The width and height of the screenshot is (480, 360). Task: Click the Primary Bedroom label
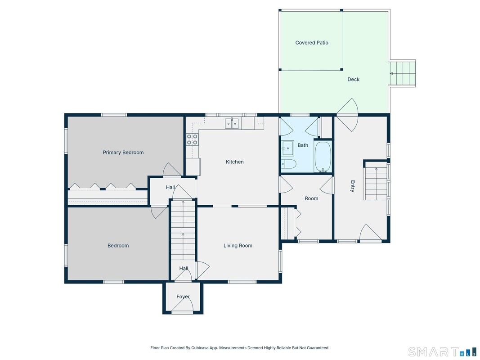123,153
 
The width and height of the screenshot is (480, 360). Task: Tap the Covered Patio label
312,43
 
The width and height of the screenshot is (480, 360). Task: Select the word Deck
353,79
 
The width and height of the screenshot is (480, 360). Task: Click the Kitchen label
235,162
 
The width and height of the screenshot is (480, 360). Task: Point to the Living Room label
238,246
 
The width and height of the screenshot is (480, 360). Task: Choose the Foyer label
183,297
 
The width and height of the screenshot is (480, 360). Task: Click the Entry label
353,186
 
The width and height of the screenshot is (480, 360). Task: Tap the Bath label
303,145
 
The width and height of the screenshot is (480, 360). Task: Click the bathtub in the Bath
323,157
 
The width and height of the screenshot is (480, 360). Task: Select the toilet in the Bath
289,164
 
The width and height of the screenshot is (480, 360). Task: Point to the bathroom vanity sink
288,148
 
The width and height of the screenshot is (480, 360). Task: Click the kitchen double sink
232,123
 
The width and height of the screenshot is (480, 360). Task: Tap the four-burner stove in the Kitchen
192,139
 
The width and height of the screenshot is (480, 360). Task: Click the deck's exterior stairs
403,73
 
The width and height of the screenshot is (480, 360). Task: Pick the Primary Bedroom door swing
172,170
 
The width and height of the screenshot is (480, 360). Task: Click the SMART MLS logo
443,352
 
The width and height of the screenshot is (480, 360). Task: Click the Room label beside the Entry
311,198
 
